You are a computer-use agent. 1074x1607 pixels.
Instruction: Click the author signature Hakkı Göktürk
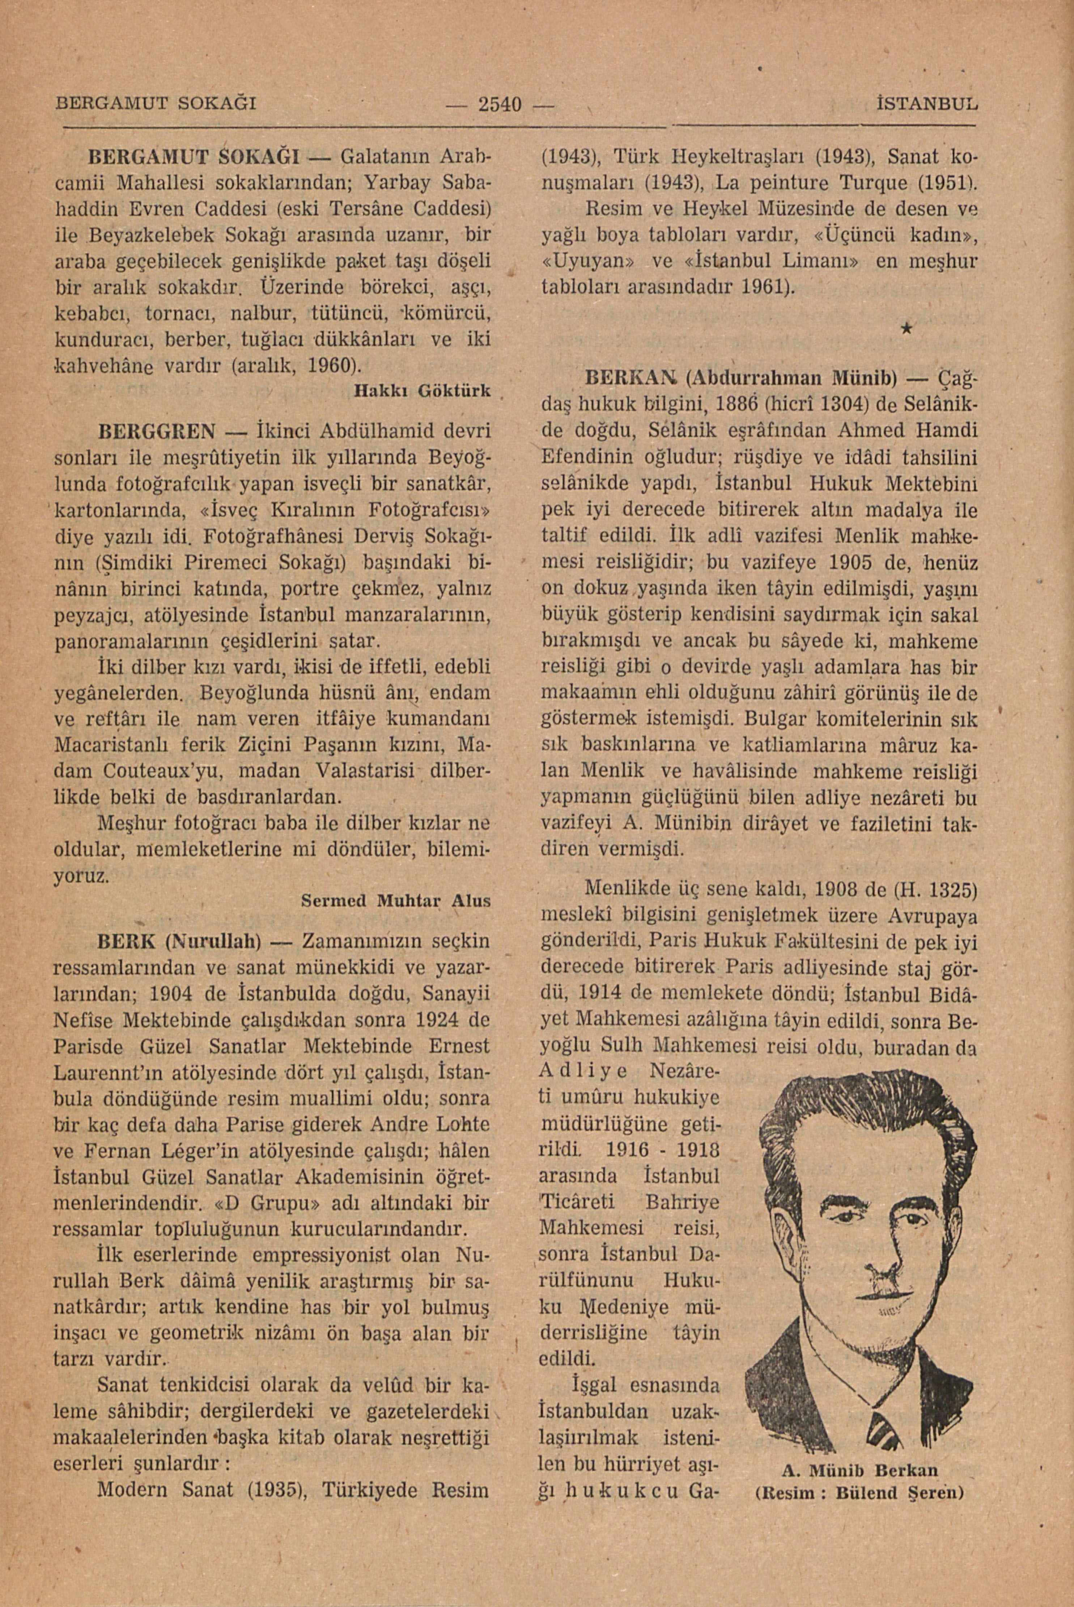coord(423,391)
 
